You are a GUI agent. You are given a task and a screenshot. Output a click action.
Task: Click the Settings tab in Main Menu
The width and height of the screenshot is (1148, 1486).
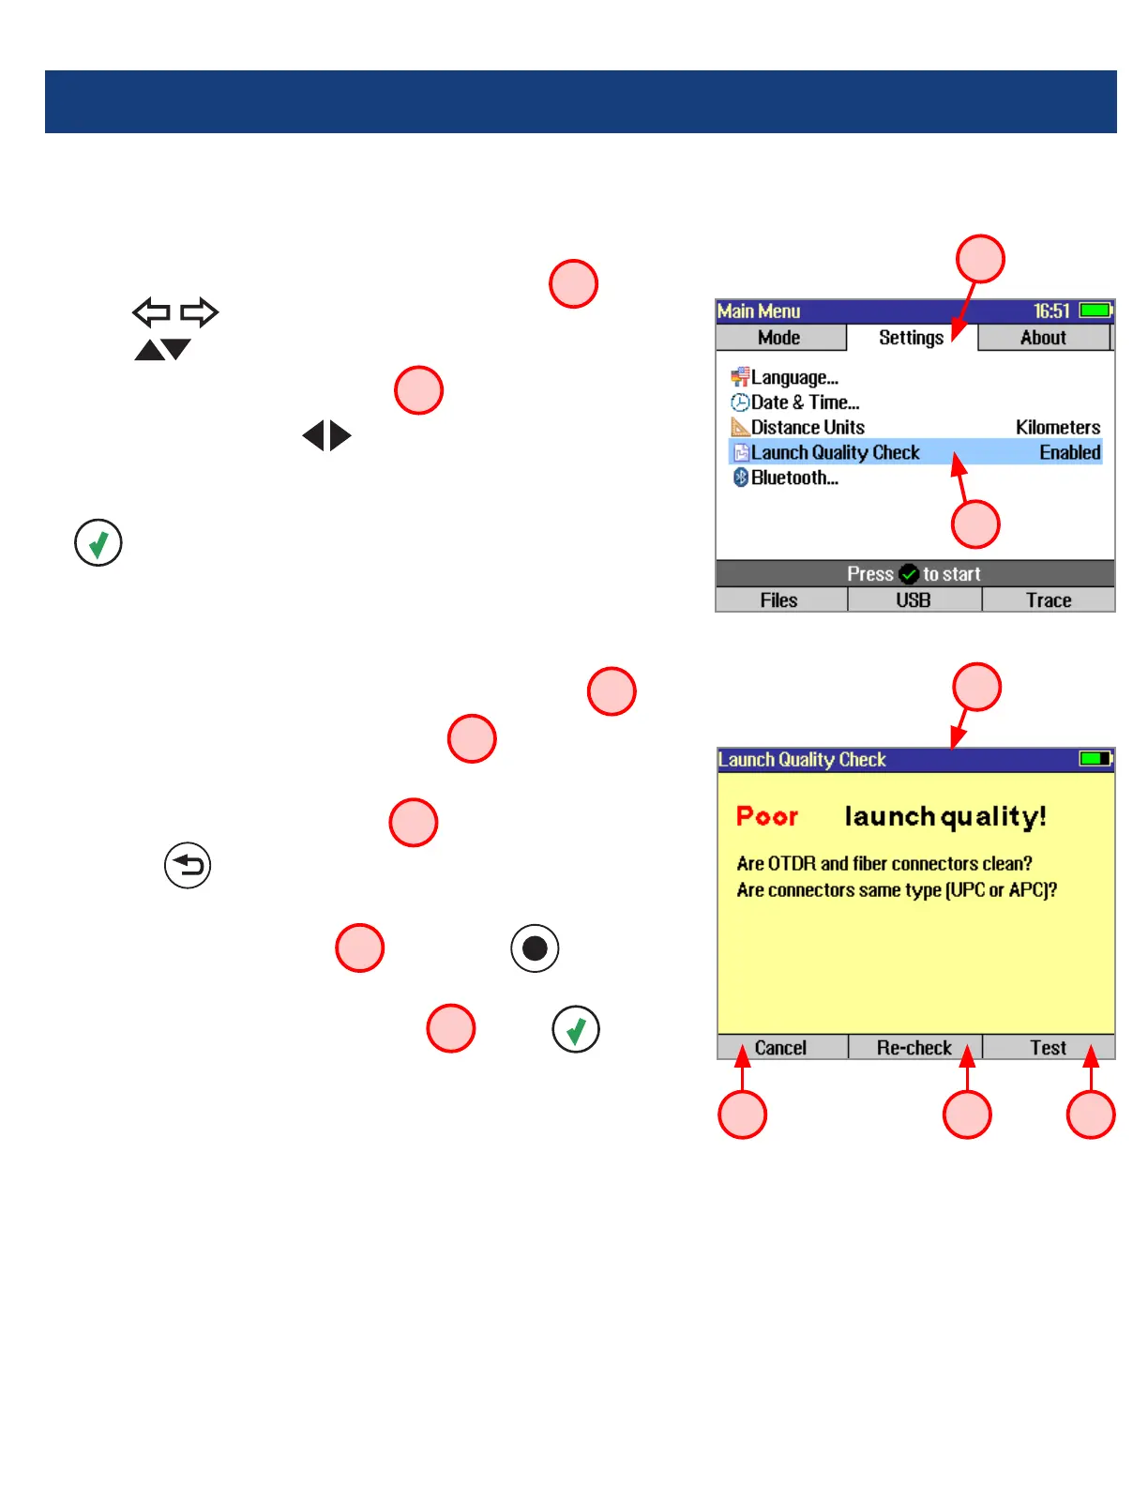[911, 338]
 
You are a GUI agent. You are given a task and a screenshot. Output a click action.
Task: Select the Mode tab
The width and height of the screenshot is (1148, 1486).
[779, 338]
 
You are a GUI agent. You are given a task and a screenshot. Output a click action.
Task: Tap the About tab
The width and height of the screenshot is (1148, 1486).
[1043, 338]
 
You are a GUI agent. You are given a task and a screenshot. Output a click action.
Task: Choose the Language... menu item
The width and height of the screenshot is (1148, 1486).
[793, 377]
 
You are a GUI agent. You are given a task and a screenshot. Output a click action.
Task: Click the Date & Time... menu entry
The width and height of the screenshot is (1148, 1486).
[804, 402]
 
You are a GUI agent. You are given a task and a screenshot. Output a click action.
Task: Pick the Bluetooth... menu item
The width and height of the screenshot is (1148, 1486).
[793, 478]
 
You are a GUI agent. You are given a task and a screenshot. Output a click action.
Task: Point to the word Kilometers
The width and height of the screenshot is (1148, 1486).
[1058, 427]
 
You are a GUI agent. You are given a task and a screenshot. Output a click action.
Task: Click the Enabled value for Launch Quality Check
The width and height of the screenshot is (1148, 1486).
[1069, 452]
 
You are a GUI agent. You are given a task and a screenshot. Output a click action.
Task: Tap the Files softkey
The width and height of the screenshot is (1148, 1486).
[779, 600]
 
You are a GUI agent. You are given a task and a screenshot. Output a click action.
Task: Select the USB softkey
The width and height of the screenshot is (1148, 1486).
[914, 600]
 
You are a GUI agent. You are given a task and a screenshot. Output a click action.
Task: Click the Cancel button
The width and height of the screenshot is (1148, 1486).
[780, 1048]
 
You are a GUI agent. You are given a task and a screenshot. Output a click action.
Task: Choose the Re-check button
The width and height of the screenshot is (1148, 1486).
[914, 1048]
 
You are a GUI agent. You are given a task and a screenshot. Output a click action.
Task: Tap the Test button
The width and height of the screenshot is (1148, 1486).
[1048, 1048]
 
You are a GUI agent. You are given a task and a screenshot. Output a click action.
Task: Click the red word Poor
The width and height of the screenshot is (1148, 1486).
[767, 816]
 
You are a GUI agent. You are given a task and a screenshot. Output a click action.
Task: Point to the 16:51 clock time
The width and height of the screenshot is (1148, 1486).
[1051, 311]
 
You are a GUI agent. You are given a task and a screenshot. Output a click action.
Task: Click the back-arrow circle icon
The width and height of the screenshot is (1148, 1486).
[188, 865]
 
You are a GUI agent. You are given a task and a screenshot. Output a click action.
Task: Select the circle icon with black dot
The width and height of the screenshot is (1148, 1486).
[535, 948]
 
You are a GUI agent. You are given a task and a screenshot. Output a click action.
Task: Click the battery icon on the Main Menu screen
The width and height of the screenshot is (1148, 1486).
[1095, 311]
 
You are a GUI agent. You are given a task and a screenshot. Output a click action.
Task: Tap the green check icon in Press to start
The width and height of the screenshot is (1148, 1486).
[908, 574]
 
